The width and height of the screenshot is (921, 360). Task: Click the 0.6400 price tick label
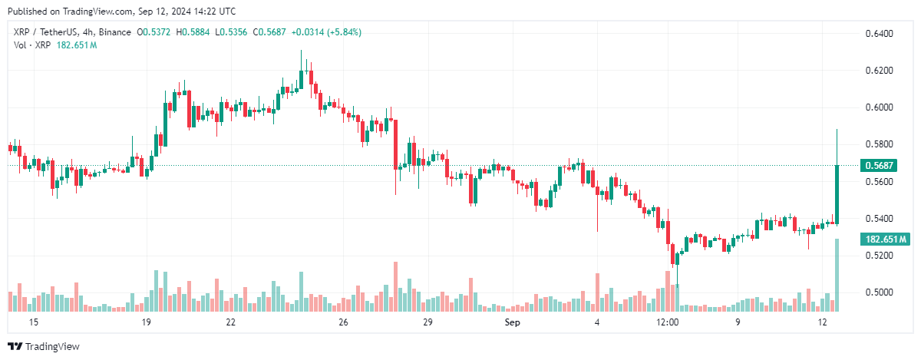click(879, 34)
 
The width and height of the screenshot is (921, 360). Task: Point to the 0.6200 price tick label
click(879, 71)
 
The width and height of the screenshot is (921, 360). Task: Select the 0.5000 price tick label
click(879, 292)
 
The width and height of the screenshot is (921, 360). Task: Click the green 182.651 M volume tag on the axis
click(886, 239)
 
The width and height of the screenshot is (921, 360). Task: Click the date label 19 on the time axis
click(145, 323)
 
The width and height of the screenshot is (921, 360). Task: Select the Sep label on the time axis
click(513, 323)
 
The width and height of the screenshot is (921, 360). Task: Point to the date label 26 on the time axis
click(343, 323)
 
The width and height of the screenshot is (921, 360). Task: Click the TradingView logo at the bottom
click(44, 347)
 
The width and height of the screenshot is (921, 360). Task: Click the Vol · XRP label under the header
click(29, 45)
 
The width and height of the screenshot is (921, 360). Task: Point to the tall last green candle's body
click(837, 194)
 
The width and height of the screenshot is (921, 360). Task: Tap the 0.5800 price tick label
click(879, 144)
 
